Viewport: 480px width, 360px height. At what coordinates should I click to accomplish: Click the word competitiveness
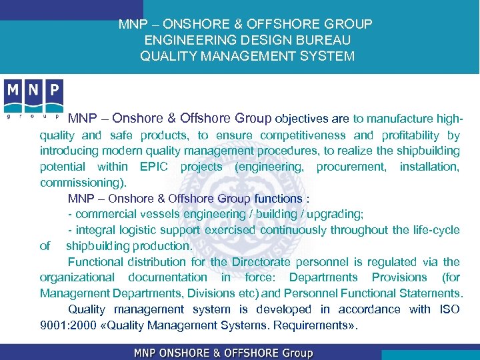coord(298,135)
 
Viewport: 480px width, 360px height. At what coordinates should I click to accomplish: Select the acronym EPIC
coord(155,167)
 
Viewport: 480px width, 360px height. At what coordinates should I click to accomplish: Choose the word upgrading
coord(331,214)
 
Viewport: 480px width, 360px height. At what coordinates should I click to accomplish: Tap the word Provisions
coord(399,277)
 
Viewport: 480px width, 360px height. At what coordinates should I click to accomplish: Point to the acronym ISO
coord(449,309)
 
